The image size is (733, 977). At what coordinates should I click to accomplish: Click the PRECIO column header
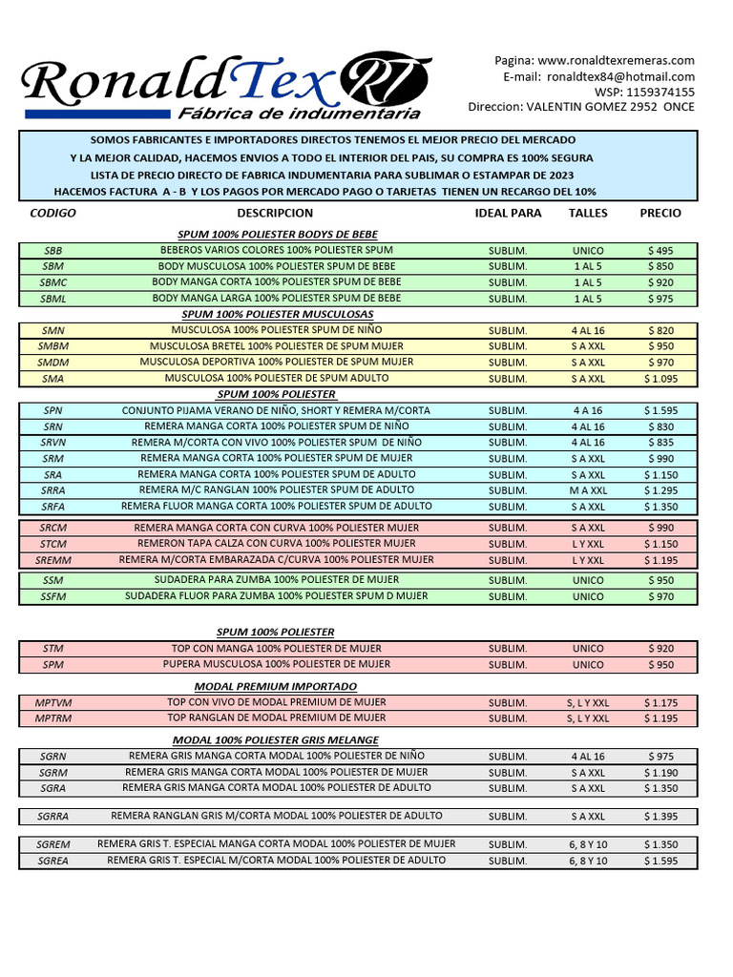pos(660,213)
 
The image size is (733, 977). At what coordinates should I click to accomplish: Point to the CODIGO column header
pos(53,213)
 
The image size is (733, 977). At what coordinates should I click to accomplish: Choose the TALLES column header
pos(588,213)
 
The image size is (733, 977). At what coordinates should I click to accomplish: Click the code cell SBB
pos(53,251)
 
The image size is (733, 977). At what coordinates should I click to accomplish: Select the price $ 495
pos(660,251)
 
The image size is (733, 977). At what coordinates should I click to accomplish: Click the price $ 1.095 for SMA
pos(660,379)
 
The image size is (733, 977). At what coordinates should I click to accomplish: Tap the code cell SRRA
pos(53,490)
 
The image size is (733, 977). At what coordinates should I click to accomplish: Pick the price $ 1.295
pos(660,490)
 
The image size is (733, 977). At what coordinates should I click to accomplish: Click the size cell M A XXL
pos(588,490)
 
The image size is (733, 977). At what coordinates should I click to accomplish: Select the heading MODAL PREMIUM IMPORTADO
pos(276,686)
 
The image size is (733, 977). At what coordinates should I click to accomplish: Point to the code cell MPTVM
pos(53,703)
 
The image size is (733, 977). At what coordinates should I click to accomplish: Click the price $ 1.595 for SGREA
pos(660,861)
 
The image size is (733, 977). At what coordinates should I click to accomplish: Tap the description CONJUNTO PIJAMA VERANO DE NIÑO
pos(276,410)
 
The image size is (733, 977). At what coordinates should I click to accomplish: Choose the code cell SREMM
pos(53,560)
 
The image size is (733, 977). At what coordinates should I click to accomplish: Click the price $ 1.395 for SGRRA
pos(660,817)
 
